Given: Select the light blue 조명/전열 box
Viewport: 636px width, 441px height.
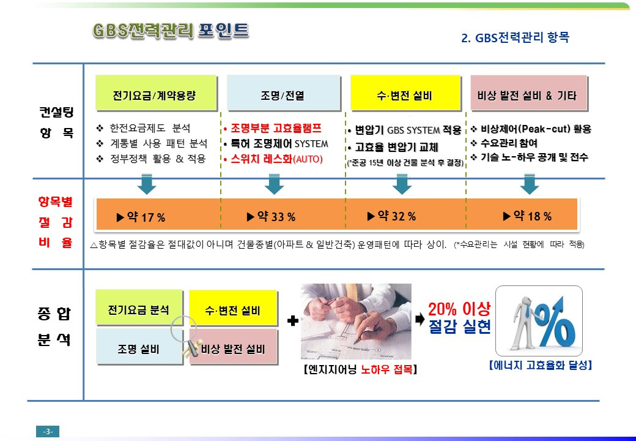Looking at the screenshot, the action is coord(283,92).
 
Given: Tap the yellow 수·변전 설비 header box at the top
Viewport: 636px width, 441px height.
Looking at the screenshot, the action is coord(405,92).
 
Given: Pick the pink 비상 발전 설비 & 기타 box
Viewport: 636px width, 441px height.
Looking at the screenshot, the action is coord(528,92).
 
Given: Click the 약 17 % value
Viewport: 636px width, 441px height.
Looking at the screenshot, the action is coord(141,217).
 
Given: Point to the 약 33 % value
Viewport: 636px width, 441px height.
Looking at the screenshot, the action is coord(271,216).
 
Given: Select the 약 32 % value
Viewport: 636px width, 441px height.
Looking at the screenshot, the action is coord(391,216).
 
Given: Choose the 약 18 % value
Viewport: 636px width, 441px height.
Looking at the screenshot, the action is coord(527,216).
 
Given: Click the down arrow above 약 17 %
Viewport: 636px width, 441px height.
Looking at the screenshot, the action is coord(146,184).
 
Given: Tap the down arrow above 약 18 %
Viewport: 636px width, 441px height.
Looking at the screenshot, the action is coord(530,184).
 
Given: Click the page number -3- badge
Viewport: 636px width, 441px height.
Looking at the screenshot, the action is coord(48,431).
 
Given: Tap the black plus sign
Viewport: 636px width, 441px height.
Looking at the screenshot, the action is coord(293,321).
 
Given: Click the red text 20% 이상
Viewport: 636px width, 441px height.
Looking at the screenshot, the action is coord(459,309).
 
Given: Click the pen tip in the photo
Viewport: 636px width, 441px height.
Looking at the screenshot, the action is coord(355,342).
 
